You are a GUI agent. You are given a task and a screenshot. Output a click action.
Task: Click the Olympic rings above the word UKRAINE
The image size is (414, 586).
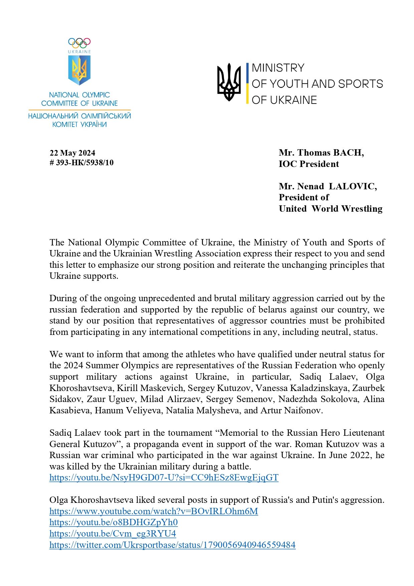click(79, 43)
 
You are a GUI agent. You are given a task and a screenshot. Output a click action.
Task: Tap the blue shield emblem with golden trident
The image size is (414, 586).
click(79, 70)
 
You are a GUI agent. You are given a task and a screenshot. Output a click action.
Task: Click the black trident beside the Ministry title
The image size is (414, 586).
click(229, 82)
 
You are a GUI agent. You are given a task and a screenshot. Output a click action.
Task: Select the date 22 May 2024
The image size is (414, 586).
click(72, 153)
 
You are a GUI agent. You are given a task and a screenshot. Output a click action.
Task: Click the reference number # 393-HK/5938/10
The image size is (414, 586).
click(81, 163)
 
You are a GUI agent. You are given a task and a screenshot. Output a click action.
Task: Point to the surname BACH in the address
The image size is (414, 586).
click(348, 153)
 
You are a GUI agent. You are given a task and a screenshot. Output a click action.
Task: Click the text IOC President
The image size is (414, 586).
click(309, 164)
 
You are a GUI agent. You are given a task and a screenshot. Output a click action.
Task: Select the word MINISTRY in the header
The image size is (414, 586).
click(278, 68)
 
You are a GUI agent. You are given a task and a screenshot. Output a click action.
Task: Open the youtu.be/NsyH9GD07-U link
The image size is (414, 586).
click(164, 477)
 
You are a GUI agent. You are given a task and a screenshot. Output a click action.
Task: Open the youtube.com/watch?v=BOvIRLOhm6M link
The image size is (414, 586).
click(154, 511)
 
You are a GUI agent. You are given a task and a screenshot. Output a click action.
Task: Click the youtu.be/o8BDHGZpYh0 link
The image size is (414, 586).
click(114, 522)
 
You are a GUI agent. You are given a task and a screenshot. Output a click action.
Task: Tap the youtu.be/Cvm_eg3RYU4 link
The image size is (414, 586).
click(113, 534)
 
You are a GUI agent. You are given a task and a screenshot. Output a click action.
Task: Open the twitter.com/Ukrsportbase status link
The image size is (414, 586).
click(172, 545)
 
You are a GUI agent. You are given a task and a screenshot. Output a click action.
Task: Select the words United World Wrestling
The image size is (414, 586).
click(331, 209)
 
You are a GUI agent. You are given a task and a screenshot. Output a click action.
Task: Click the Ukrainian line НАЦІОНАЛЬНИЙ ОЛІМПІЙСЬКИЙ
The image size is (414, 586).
click(79, 116)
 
